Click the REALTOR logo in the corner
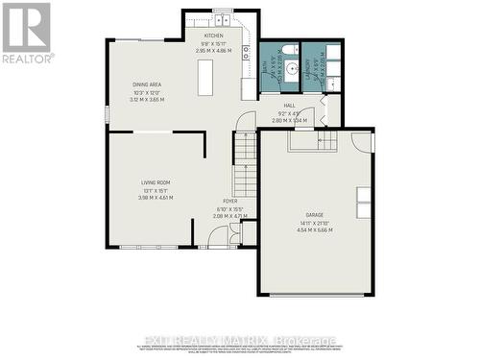tap(26, 32)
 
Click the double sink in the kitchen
tap(221, 18)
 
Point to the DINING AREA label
tap(147, 84)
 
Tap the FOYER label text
tap(230, 201)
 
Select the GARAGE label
tap(314, 214)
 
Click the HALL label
tap(289, 106)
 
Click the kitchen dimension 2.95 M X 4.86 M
tap(212, 50)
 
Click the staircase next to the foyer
tap(247, 168)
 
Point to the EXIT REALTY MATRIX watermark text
tap(239, 340)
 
